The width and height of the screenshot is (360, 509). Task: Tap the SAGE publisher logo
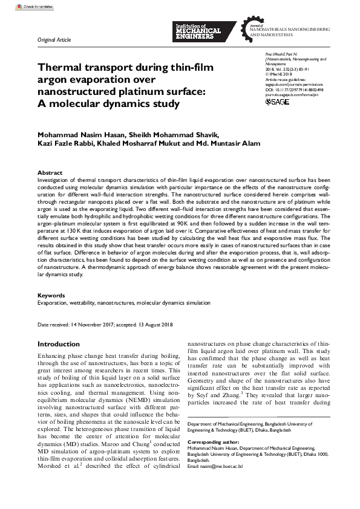coord(278,102)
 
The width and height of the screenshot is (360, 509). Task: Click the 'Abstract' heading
coord(50,172)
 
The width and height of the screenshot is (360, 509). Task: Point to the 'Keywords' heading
coord(51,296)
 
